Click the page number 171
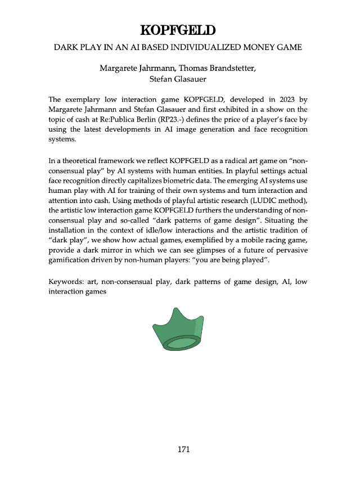point(183,449)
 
